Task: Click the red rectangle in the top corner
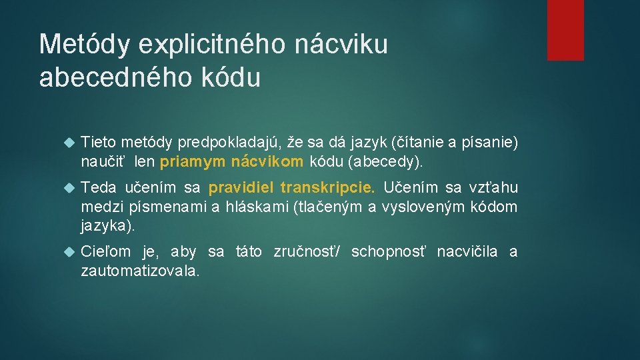pyautogui.click(x=565, y=30)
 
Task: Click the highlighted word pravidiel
pyautogui.click(x=241, y=189)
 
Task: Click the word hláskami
pyautogui.click(x=257, y=207)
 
